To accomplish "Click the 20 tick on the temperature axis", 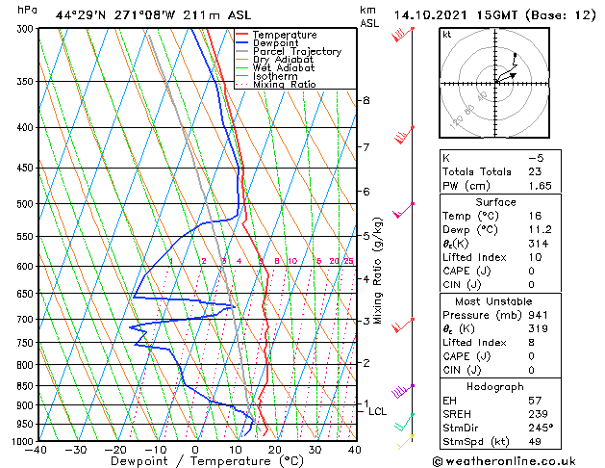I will point(274,450).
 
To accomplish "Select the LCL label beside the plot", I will point(377,412).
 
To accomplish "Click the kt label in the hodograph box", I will point(447,34).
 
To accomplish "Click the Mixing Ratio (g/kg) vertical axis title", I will point(378,271).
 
